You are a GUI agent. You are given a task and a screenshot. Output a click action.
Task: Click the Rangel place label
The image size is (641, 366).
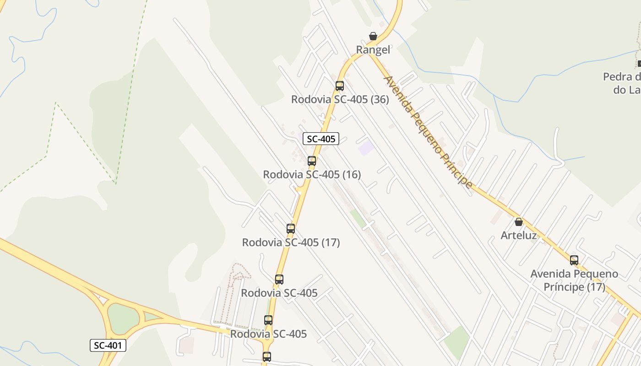pyautogui.click(x=373, y=50)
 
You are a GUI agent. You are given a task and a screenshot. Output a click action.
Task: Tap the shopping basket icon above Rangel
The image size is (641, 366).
pyautogui.click(x=373, y=36)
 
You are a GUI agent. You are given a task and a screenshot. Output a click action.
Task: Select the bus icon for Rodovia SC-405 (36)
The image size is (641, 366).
pyautogui.click(x=340, y=86)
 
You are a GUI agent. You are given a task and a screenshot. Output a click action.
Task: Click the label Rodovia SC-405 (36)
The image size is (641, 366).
pyautogui.click(x=340, y=99)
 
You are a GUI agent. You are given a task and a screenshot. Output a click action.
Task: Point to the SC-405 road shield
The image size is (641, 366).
pyautogui.click(x=321, y=139)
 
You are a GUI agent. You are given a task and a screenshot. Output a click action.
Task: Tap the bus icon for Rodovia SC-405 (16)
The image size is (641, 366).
pyautogui.click(x=312, y=161)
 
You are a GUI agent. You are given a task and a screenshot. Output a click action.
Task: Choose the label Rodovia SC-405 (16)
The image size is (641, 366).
pyautogui.click(x=312, y=174)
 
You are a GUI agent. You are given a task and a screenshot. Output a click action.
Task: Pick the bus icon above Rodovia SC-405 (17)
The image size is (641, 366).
pyautogui.click(x=291, y=228)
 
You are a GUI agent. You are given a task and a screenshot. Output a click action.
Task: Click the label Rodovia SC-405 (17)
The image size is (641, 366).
pyautogui.click(x=291, y=242)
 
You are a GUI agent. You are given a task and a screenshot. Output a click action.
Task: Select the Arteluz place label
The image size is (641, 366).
pyautogui.click(x=518, y=236)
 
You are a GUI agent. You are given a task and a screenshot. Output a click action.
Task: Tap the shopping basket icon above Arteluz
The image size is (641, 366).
pyautogui.click(x=519, y=222)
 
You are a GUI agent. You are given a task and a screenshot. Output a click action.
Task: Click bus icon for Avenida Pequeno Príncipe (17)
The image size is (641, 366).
pyautogui.click(x=574, y=260)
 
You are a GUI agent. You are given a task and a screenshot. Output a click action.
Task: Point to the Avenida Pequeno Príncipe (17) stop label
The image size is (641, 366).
pyautogui.click(x=574, y=280)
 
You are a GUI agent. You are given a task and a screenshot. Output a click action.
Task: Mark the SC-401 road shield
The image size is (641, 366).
pyautogui.click(x=108, y=345)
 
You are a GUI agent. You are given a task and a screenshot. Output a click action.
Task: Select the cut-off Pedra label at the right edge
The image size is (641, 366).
pyautogui.click(x=623, y=83)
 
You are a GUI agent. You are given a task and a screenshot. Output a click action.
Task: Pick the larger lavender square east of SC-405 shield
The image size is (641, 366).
pyautogui.click(x=366, y=148)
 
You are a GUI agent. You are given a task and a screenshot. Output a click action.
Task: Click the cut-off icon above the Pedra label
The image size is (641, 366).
pyautogui.click(x=639, y=64)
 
